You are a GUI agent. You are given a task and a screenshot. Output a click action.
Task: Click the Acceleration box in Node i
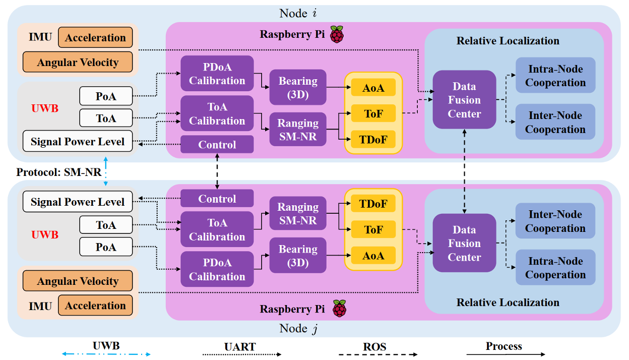coord(95,38)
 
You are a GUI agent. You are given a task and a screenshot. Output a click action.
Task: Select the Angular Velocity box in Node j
coord(78,281)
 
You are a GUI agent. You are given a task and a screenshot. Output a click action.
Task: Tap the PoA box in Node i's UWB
coord(106,96)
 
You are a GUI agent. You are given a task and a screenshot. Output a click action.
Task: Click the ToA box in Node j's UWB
coord(106,225)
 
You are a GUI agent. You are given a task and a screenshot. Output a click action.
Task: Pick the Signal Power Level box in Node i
coord(77,141)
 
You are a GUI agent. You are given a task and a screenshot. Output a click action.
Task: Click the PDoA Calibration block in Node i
coord(217,74)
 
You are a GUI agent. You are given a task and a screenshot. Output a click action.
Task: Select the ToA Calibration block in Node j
coord(217,229)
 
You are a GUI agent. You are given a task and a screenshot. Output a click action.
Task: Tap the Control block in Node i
coord(217,145)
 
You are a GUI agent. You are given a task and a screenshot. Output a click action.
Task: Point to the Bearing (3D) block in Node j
coord(298,256)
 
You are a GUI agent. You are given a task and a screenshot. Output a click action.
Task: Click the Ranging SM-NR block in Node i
coord(298,130)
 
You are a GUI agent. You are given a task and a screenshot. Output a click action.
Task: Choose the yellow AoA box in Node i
coord(373,88)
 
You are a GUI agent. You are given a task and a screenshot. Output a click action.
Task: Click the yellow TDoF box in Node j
coord(373,204)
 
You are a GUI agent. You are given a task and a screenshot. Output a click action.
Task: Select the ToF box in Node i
coord(373,114)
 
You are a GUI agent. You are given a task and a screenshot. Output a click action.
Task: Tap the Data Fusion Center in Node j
coord(464,243)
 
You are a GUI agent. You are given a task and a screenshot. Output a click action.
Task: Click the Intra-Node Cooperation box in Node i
coord(555,76)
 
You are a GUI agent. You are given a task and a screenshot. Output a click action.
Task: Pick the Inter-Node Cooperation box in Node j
coord(555,221)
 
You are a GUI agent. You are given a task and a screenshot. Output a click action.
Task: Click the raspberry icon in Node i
coord(337,35)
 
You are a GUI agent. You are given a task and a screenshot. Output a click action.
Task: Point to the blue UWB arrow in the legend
coord(106,354)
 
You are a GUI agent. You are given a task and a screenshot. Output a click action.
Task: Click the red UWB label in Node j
coord(45,235)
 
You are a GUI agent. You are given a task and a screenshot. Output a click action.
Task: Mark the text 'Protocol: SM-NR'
coord(59,172)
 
